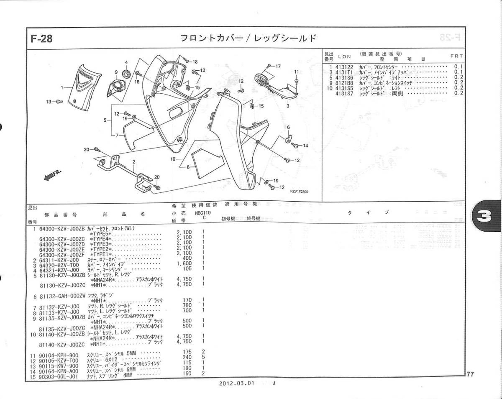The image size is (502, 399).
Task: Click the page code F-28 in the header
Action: coord(42,39)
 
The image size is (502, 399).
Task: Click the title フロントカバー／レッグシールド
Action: coord(248,38)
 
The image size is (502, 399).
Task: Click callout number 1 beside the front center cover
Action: coord(62,88)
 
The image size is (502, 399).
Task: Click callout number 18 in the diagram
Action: coord(195,62)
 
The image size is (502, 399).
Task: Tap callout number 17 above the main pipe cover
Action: coord(279,66)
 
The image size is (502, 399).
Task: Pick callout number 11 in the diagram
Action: coord(296,72)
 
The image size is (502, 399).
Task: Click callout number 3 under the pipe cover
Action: coord(288,106)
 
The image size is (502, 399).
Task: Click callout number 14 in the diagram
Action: coord(305,146)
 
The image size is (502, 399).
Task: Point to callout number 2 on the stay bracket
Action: coord(134,161)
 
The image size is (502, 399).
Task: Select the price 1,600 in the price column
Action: coord(184,263)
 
